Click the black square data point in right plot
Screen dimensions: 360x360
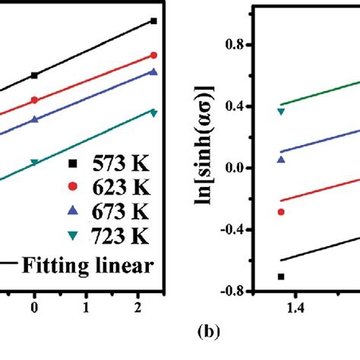[x=281, y=276]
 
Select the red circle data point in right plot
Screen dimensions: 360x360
[x=281, y=212]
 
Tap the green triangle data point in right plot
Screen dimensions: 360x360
[x=281, y=111]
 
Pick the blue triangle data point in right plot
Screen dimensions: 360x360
[x=281, y=159]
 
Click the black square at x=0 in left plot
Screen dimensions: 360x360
[x=34, y=75]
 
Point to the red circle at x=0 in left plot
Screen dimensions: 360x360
[x=34, y=100]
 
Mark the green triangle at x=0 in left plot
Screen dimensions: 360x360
[x=34, y=163]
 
